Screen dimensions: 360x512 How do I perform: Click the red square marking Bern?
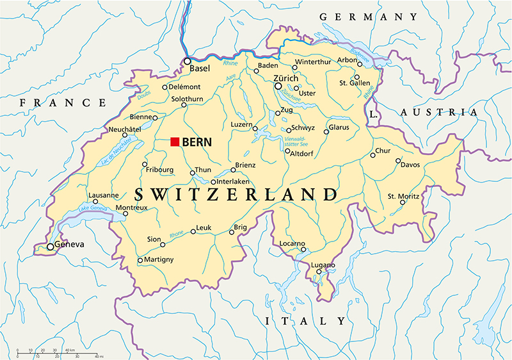click(x=175, y=142)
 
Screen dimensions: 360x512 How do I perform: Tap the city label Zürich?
click(x=286, y=78)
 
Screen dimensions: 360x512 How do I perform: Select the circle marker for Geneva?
click(x=50, y=247)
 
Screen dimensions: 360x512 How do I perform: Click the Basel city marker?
click(x=188, y=61)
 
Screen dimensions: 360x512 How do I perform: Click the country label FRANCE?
click(x=63, y=102)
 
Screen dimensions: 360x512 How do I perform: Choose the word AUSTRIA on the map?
click(x=438, y=112)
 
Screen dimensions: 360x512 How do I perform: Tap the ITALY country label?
click(x=306, y=320)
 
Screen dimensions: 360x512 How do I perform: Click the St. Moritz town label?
click(x=403, y=195)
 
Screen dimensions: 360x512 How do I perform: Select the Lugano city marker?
click(x=318, y=272)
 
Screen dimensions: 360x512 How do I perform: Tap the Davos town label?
click(x=410, y=165)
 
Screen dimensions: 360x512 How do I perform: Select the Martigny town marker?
click(x=140, y=259)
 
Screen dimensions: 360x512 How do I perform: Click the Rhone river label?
click(x=176, y=235)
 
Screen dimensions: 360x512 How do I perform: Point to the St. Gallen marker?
click(x=356, y=77)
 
